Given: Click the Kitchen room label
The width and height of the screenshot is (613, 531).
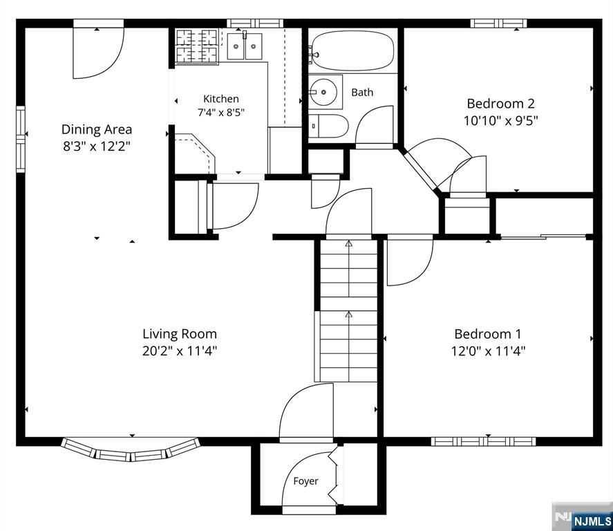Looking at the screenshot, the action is click(x=221, y=99).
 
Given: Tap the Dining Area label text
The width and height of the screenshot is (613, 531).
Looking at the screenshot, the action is click(x=97, y=129).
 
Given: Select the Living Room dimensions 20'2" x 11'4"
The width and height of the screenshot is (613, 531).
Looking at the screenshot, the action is click(x=180, y=351).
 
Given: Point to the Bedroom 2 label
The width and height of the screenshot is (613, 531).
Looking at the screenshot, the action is click(x=501, y=104).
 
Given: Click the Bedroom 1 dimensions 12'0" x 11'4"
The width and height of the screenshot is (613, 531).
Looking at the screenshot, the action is click(x=488, y=351).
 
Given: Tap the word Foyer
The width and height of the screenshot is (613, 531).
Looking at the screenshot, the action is click(x=305, y=481).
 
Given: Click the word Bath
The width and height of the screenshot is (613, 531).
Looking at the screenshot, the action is click(x=362, y=92).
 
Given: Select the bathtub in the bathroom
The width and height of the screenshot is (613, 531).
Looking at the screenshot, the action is click(x=352, y=50).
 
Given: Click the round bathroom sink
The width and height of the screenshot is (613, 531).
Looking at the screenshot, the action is click(x=323, y=92).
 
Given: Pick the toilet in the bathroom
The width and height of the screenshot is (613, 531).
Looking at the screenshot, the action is click(x=328, y=126).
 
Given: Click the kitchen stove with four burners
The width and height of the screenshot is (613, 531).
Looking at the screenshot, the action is click(x=196, y=46).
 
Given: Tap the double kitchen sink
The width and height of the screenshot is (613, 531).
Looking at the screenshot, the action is click(x=245, y=46).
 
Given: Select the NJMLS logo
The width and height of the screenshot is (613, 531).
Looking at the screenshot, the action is click(x=582, y=517).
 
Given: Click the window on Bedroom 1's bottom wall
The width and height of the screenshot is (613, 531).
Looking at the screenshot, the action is click(x=483, y=441).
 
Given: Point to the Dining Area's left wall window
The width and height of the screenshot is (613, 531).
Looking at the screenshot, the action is click(x=20, y=139).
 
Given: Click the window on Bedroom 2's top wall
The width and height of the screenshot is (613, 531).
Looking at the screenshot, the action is click(x=498, y=24).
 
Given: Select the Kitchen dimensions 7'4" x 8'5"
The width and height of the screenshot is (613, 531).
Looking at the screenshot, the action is click(x=221, y=113).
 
